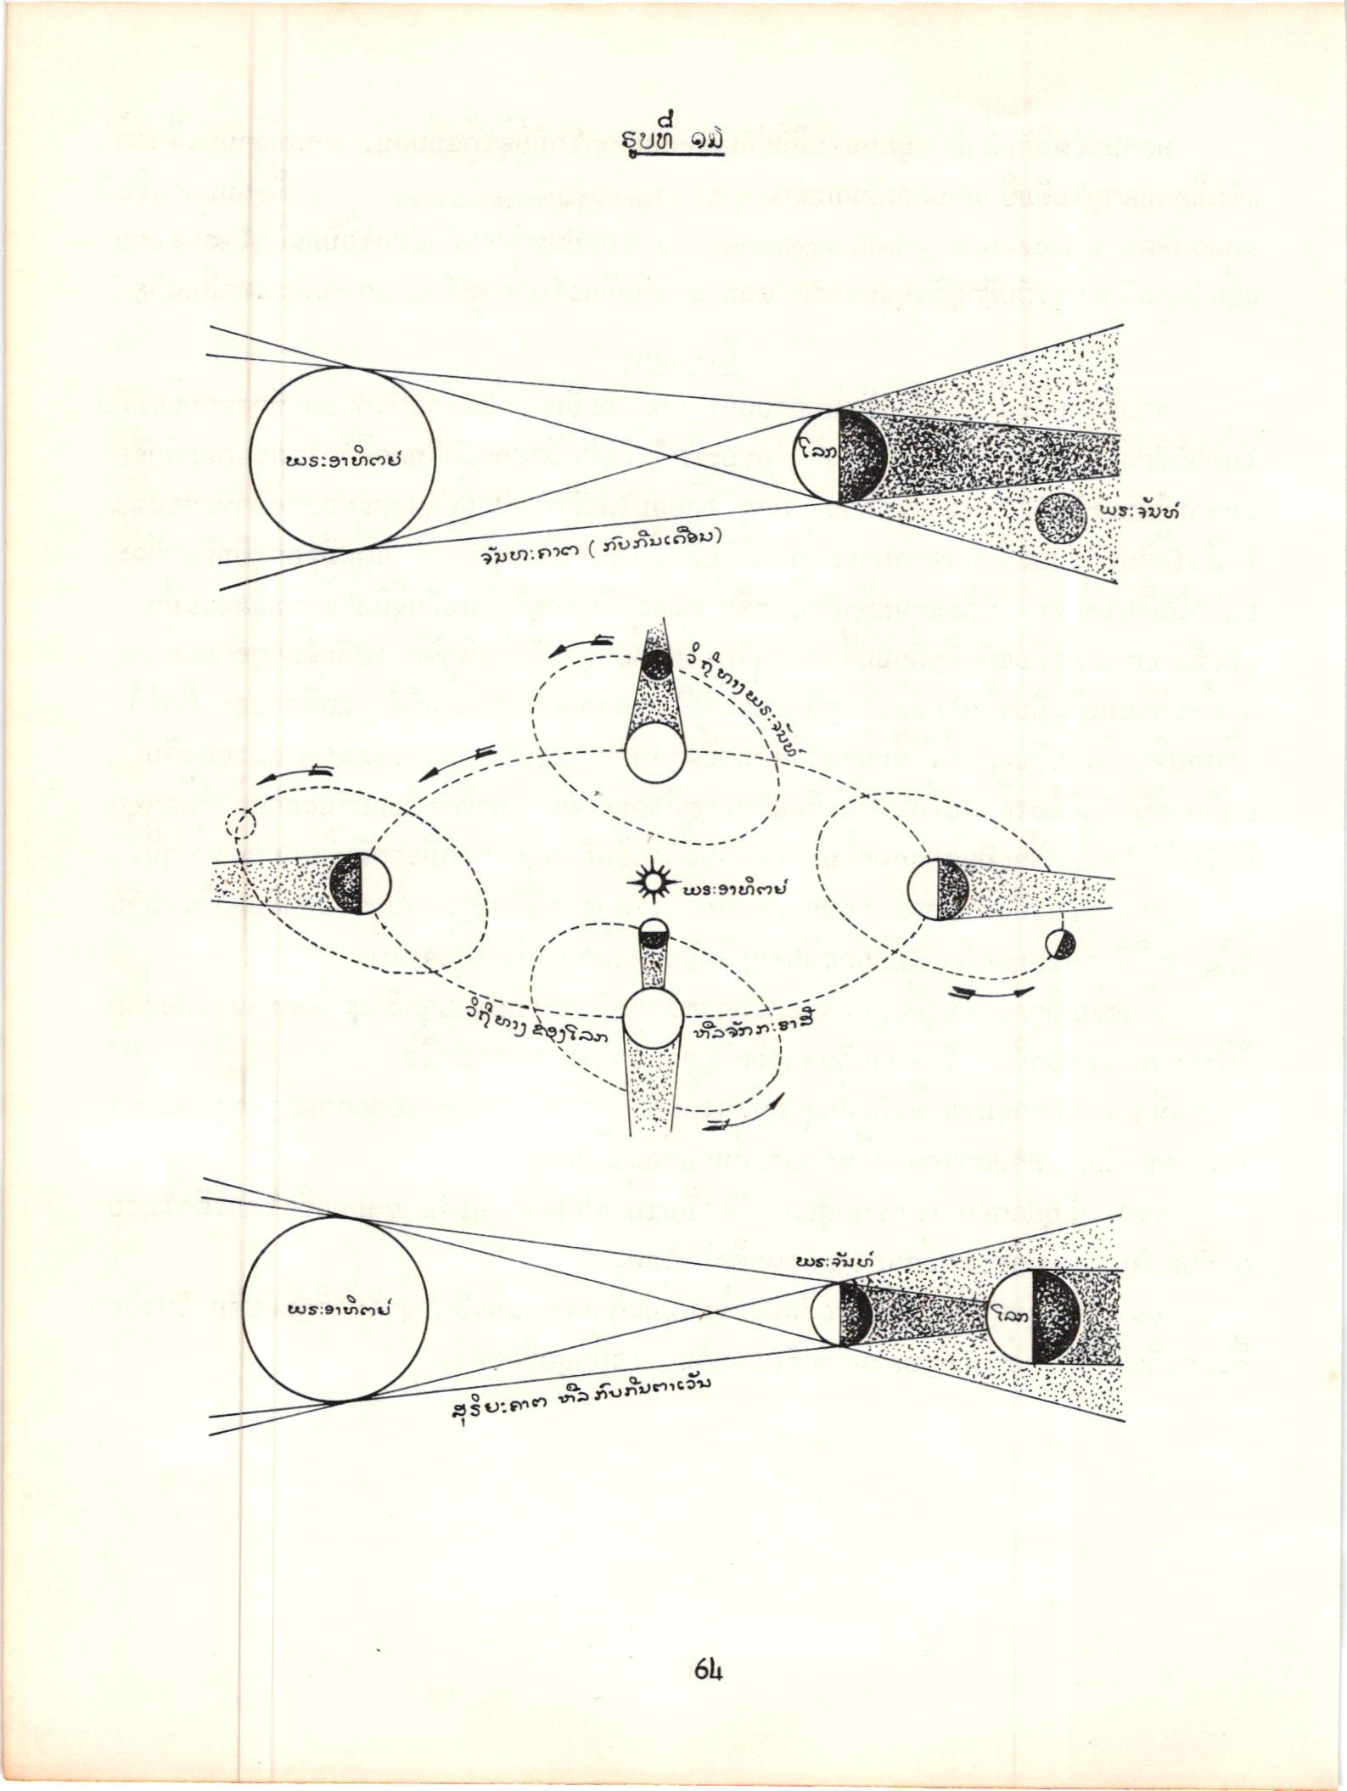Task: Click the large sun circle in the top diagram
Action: [345, 460]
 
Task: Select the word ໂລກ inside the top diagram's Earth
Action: [819, 456]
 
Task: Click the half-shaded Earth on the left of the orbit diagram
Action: [360, 883]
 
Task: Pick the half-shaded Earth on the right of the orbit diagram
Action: [938, 889]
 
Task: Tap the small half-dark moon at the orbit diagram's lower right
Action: [1060, 943]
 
